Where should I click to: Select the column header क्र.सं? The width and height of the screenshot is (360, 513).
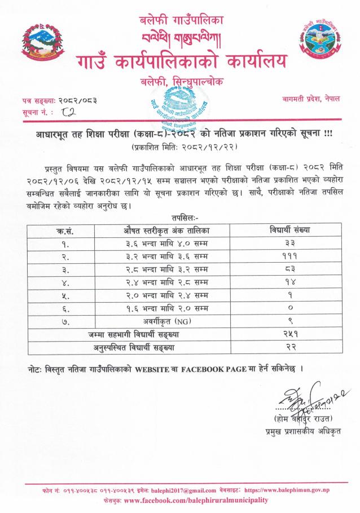tap(65, 231)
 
